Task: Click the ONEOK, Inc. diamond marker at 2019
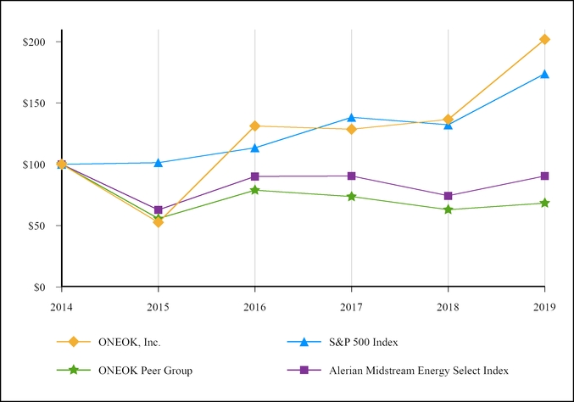coord(544,39)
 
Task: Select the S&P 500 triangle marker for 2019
coord(544,74)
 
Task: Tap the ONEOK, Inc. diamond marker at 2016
coord(254,126)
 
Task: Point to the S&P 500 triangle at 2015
coord(158,162)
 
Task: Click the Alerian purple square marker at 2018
coord(448,196)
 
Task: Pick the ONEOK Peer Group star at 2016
coord(254,190)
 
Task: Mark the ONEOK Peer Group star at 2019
coord(544,203)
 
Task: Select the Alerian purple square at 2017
coord(351,176)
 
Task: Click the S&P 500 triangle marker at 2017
coord(351,117)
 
